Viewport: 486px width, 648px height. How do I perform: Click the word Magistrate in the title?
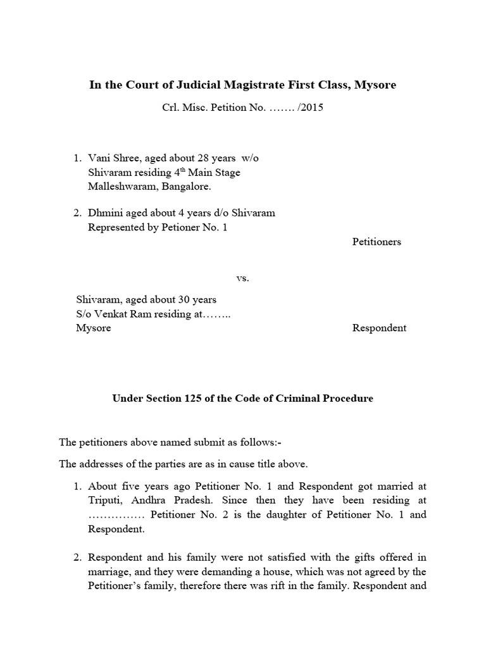249,84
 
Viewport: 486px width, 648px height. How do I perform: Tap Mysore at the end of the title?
375,84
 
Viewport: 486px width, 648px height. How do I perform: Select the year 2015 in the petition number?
312,107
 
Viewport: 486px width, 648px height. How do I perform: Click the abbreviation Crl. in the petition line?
171,107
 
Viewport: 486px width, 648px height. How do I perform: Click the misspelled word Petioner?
187,227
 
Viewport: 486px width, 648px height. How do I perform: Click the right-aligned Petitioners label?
377,242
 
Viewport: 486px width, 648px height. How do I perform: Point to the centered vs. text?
242,278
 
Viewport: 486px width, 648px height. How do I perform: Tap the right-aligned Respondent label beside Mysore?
379,328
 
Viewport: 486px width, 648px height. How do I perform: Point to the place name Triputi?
104,500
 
